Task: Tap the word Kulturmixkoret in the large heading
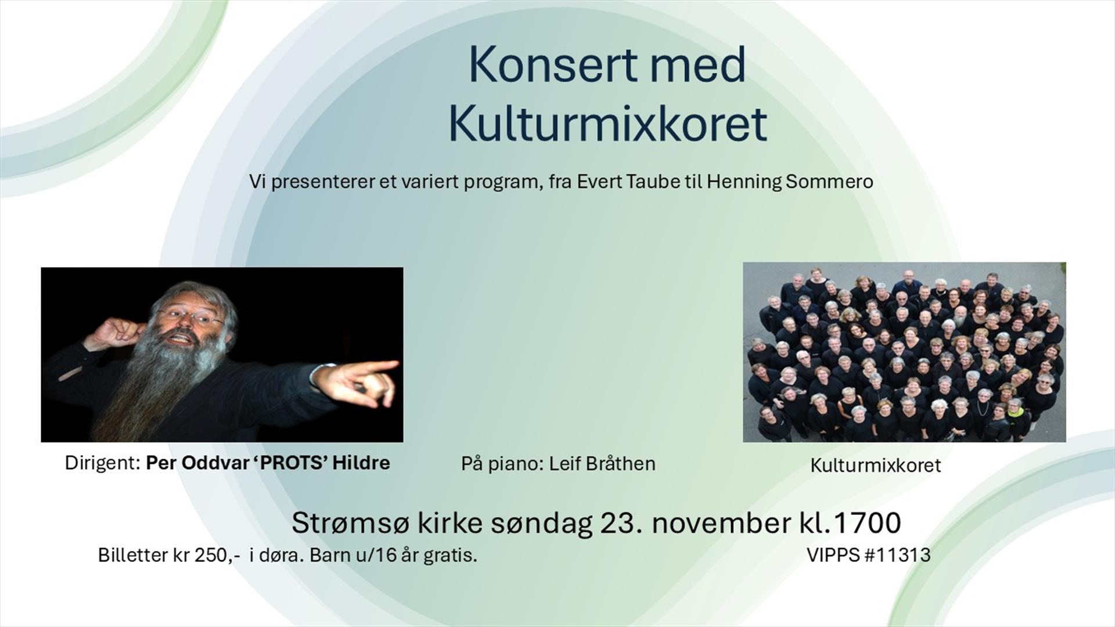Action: pyautogui.click(x=607, y=124)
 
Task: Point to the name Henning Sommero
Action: pyautogui.click(x=790, y=182)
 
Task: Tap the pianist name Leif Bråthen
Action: pyautogui.click(x=602, y=464)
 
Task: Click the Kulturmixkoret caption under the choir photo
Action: pyautogui.click(x=875, y=466)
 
